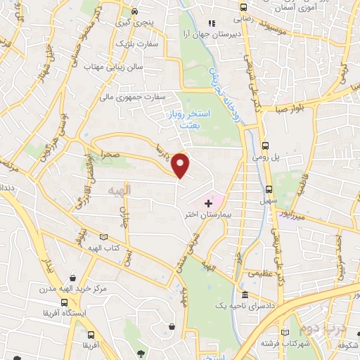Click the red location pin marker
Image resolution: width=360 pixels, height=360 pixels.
(x=181, y=165)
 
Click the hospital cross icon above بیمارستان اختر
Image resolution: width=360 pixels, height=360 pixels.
(x=207, y=202)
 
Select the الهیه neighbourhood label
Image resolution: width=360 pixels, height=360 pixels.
(x=121, y=191)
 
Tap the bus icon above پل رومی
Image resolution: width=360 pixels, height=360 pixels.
(x=264, y=146)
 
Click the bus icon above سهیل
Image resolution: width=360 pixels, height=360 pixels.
(x=269, y=188)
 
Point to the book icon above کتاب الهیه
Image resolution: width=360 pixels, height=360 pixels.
(x=105, y=236)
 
